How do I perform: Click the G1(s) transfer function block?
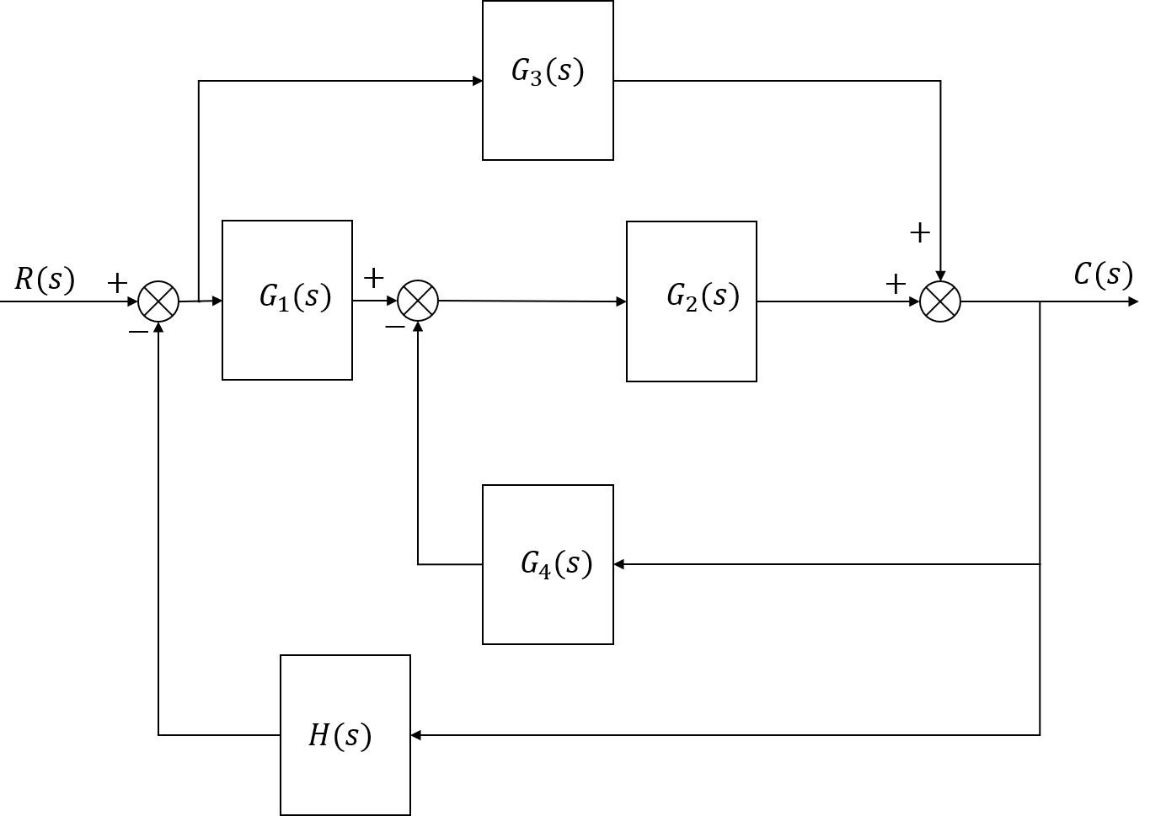[x=286, y=300]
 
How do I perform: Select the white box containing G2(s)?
[x=691, y=301]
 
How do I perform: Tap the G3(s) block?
[x=548, y=80]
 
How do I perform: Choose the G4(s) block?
[x=548, y=564]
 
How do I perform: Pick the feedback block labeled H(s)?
[x=345, y=734]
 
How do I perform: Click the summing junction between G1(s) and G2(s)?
[x=418, y=301]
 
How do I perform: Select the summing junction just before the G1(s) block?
[x=158, y=301]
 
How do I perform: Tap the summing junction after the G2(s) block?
[x=940, y=301]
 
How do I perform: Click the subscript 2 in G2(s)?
[x=692, y=303]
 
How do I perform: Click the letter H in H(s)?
[x=318, y=735]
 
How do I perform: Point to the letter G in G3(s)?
[x=521, y=71]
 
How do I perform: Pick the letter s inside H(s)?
[x=351, y=736]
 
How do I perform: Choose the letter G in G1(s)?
[x=270, y=296]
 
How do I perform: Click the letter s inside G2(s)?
[x=719, y=296]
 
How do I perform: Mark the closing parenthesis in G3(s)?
[x=579, y=72]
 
